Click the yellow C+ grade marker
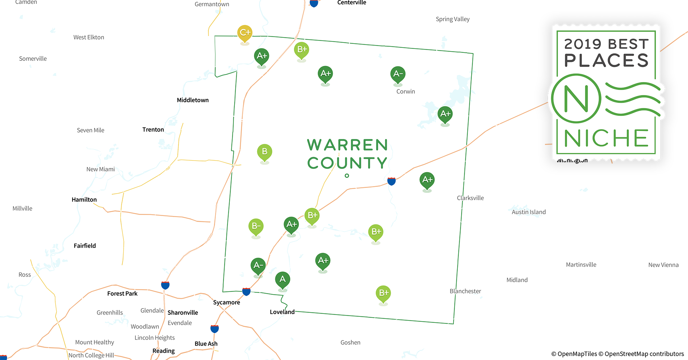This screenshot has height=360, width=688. click(x=245, y=33)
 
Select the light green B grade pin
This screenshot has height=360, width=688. click(x=264, y=152)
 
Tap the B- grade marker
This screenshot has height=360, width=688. click(x=256, y=226)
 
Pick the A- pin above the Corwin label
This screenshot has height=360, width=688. click(x=398, y=74)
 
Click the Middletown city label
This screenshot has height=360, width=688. click(x=193, y=100)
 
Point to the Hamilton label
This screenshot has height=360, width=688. click(x=84, y=199)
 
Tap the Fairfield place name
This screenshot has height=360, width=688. click(x=85, y=246)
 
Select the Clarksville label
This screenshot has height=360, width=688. click(x=470, y=198)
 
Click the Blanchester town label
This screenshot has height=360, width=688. click(x=465, y=291)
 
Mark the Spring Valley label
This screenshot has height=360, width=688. click(x=452, y=19)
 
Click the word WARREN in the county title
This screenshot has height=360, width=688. click(x=347, y=145)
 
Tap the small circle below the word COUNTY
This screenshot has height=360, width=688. click(x=347, y=176)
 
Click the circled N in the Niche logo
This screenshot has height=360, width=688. click(x=576, y=98)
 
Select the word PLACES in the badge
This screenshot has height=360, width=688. click(x=606, y=60)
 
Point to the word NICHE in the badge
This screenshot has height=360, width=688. click(x=606, y=138)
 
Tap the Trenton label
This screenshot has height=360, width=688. click(x=153, y=130)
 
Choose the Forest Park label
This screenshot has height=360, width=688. click(x=122, y=293)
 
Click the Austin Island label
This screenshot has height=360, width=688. click(x=528, y=212)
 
